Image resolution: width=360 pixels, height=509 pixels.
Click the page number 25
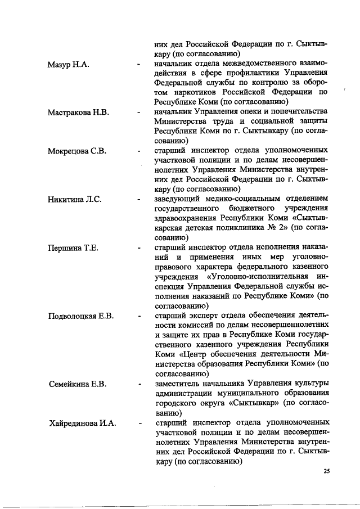(327, 471)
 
